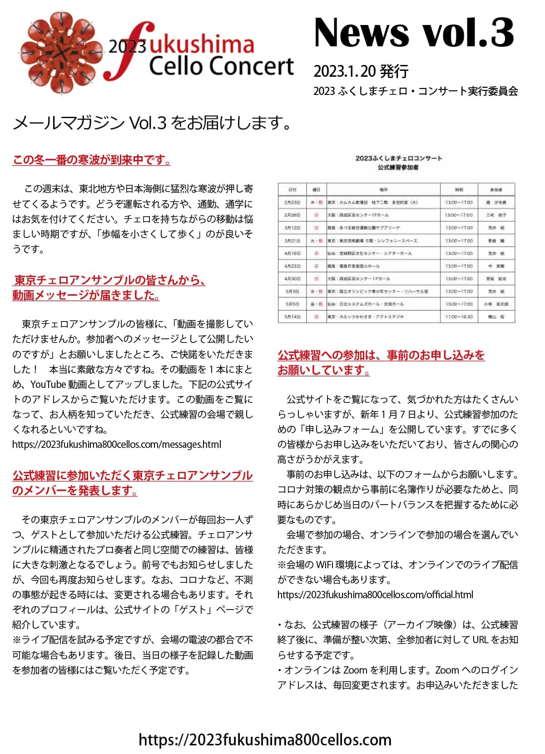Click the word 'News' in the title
[x=361, y=33]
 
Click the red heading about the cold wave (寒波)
[x=91, y=160]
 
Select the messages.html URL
[x=117, y=444]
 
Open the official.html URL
[x=375, y=595]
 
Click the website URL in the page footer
[x=265, y=739]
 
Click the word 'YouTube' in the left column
[x=48, y=384]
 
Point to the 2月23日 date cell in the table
[x=292, y=202]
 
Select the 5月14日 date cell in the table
[x=292, y=317]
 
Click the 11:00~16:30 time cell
[x=459, y=317]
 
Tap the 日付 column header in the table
[x=292, y=189]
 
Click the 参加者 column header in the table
[x=496, y=189]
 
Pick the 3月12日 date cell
[x=292, y=228]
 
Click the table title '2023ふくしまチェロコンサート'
[x=398, y=159]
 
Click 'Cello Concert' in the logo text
[x=221, y=66]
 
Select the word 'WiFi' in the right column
[x=328, y=565]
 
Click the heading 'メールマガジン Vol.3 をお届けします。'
[x=152, y=123]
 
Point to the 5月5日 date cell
[x=292, y=304]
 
